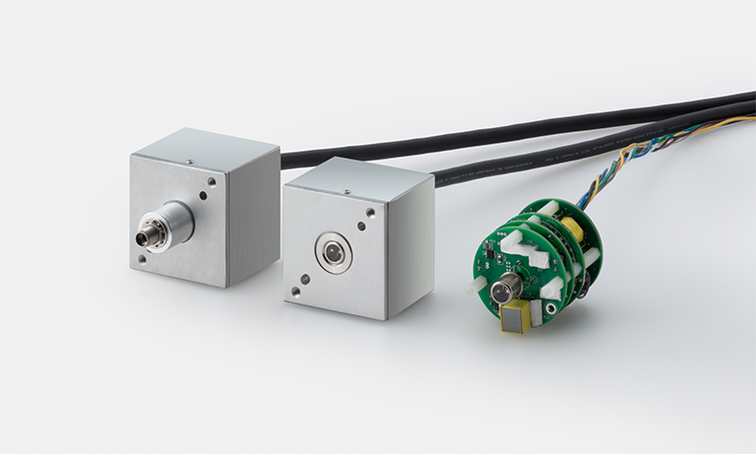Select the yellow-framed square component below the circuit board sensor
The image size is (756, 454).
pyautogui.click(x=514, y=318)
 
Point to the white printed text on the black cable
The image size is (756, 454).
pyautogui.click(x=591, y=152)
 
